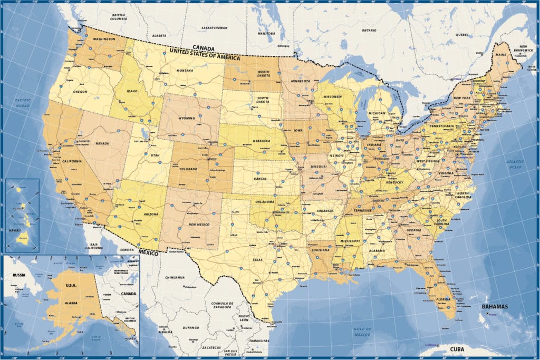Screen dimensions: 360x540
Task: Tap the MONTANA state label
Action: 185,71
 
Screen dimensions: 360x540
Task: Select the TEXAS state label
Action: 257,260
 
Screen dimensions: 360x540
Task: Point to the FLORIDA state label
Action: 443,299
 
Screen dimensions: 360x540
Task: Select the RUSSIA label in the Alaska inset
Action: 20,275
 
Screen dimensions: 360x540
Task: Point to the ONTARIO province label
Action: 369,30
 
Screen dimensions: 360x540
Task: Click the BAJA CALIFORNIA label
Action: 95,247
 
